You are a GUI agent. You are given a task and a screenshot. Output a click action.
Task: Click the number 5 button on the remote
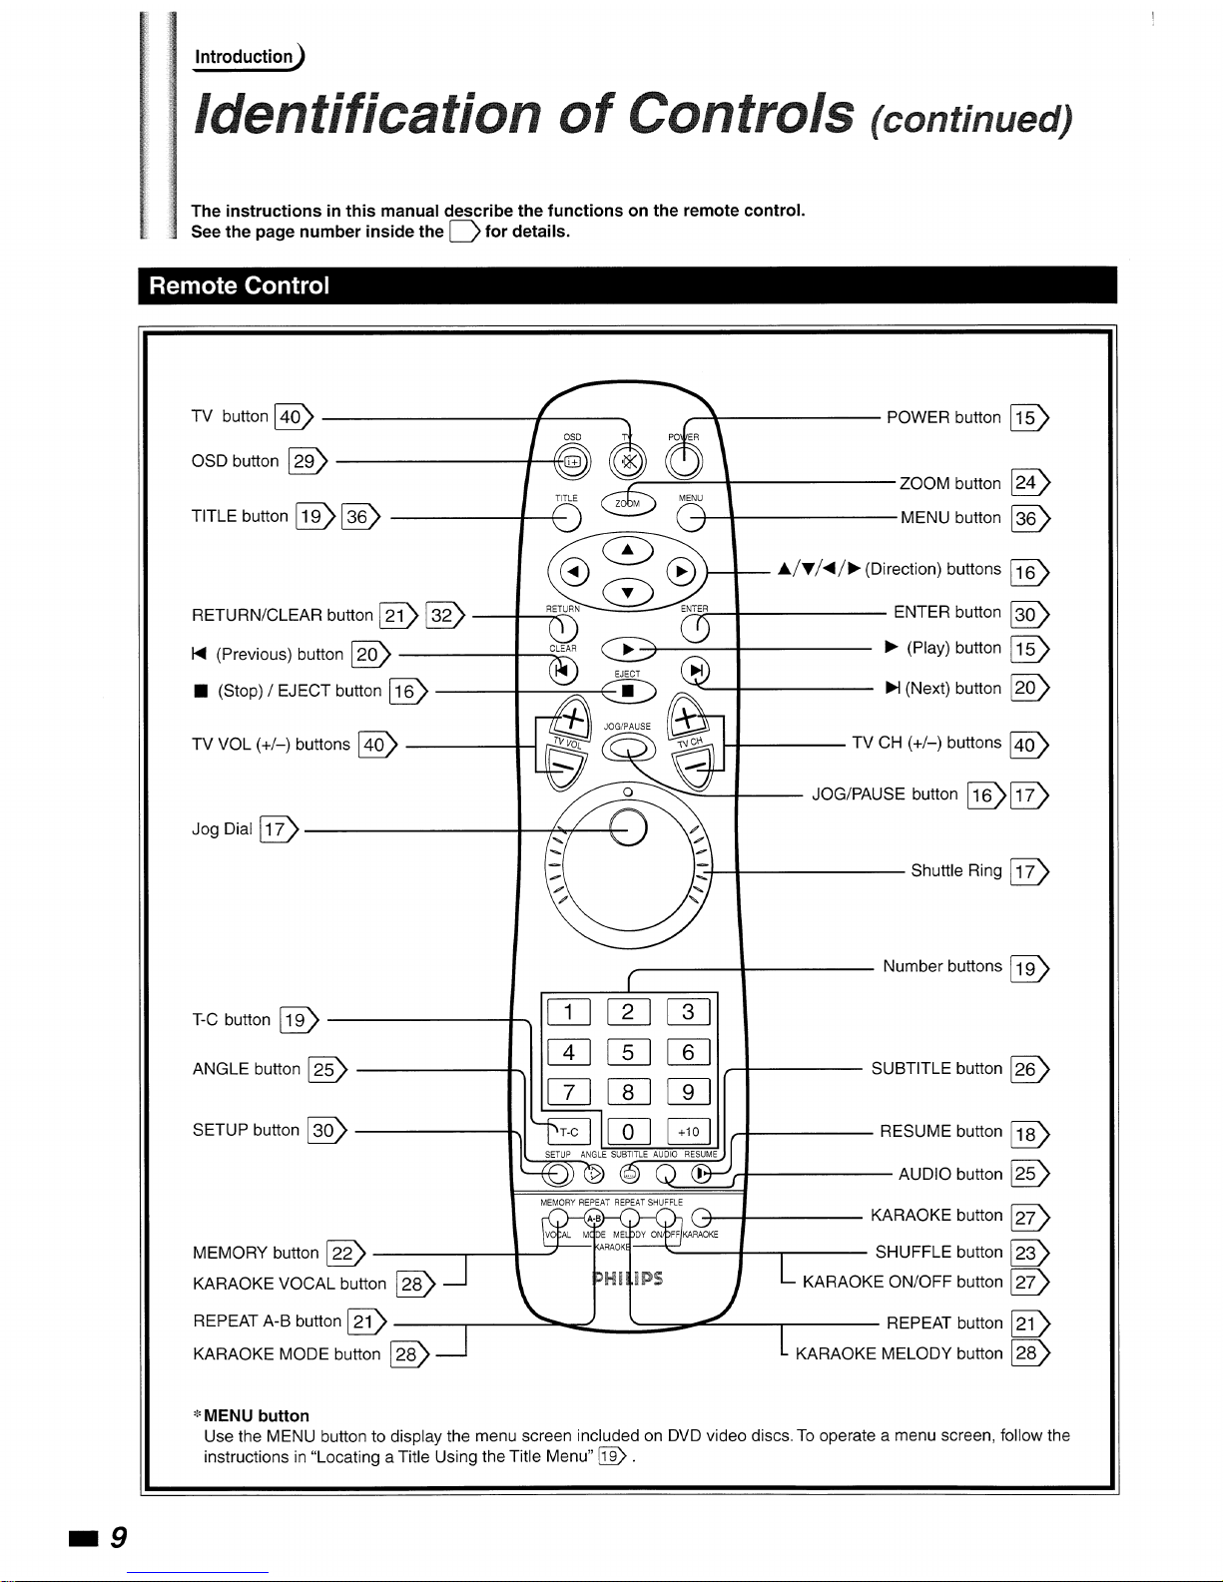[628, 1052]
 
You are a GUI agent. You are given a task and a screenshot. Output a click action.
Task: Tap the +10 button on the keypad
[688, 1132]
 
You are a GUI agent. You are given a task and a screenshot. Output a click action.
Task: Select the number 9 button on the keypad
[688, 1092]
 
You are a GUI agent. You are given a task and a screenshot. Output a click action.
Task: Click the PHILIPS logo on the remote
[628, 1279]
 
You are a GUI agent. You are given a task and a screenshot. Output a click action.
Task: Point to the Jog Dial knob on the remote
[628, 827]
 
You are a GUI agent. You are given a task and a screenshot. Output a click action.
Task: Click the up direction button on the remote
[627, 549]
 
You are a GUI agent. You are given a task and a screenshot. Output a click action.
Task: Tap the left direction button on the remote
[572, 572]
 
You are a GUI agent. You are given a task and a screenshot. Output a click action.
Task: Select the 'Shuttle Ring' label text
[955, 870]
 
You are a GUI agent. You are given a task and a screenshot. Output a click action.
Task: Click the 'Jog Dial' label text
[222, 828]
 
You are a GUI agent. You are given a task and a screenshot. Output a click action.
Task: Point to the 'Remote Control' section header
[239, 285]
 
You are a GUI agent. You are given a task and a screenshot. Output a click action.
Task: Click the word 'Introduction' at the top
[243, 57]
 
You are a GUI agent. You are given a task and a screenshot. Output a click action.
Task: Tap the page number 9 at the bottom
[118, 1538]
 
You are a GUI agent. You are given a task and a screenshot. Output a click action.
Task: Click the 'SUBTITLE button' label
[935, 1068]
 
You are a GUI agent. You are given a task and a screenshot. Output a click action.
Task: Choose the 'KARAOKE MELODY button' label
[899, 1353]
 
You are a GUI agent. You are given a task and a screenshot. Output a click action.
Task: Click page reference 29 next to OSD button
[304, 461]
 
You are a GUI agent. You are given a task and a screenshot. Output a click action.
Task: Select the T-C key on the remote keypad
[569, 1132]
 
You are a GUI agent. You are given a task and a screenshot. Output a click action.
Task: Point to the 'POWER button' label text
[942, 417]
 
